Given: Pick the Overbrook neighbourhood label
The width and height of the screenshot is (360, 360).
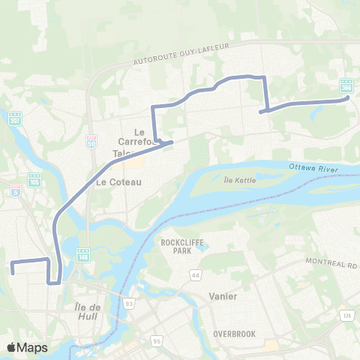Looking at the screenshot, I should pos(235,332).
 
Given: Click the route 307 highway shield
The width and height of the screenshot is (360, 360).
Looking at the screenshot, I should pos(15,118).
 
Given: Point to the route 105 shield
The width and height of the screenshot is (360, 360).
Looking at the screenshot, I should pos(34,180).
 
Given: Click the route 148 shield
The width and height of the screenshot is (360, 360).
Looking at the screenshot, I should pos(82,254).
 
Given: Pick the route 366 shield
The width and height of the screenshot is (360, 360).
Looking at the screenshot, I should pos(346,85).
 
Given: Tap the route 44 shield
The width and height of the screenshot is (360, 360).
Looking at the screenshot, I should pos(195,276).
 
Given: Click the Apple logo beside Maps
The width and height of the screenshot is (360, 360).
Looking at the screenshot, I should pos(11,347).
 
